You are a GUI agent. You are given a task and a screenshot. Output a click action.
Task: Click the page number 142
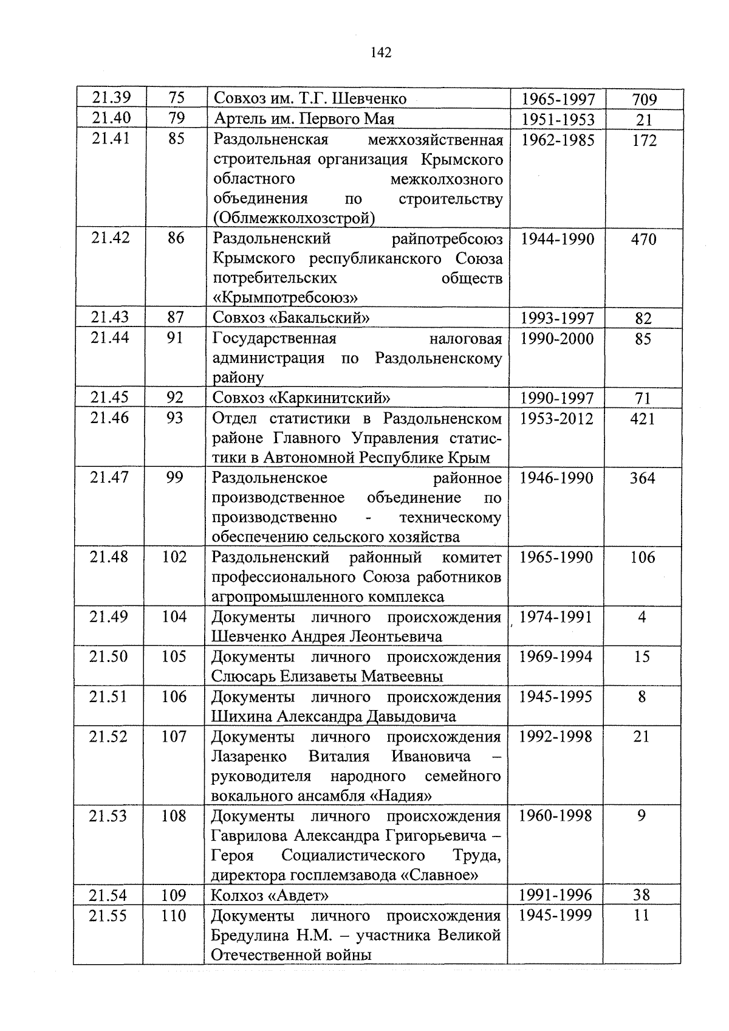pos(380,53)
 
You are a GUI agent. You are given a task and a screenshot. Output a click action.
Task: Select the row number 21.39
pos(111,97)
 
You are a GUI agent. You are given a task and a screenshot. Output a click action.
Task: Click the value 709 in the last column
pos(644,100)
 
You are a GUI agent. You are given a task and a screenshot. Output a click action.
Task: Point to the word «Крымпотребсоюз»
pos(285,298)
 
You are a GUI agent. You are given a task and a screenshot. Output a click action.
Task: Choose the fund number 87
pos(176,317)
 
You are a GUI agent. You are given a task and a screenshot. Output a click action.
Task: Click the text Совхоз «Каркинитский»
pos(301,398)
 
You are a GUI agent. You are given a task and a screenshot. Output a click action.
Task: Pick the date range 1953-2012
pos(556,418)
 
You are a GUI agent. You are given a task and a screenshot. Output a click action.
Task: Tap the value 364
pos(642,478)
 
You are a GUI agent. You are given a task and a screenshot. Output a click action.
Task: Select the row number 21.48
pos(109,557)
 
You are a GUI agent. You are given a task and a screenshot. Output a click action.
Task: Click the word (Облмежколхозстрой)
pos(293,218)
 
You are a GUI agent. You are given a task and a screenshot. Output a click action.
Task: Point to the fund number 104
pos(174,617)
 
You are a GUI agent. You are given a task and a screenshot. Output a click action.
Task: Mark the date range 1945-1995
pos(555,697)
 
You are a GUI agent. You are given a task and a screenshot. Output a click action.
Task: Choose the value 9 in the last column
pos(642,816)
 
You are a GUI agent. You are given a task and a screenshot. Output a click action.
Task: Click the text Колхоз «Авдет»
pos(270,895)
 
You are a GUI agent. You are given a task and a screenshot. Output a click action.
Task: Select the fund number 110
pos(173,915)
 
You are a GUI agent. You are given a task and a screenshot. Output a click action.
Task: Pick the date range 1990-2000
pos(557,339)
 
